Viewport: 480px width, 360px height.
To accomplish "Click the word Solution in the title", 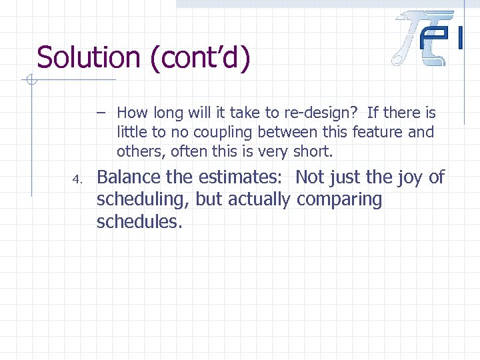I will coord(89,57).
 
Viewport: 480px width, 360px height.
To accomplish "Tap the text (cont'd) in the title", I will coord(200,57).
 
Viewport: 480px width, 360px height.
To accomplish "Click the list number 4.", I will coord(77,179).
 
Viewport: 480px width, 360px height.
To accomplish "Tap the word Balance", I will coord(129,177).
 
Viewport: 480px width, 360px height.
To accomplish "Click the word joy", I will coord(411,177).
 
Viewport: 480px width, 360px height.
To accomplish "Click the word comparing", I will coord(339,199).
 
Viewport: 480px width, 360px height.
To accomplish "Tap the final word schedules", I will coord(139,221).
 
